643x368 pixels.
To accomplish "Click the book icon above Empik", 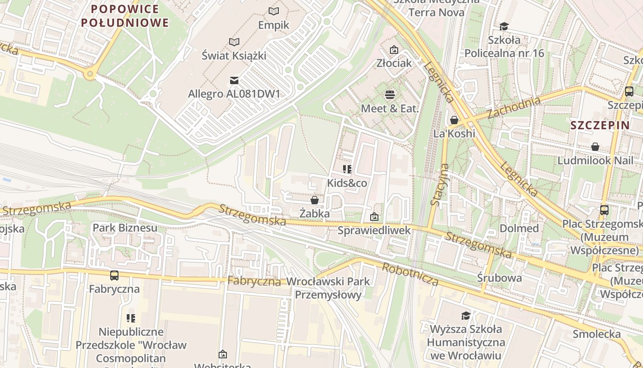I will point(274,11).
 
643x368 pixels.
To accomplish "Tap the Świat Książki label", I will point(234,56).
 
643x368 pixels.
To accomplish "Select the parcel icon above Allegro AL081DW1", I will point(234,80).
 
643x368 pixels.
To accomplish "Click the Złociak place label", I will point(394,63).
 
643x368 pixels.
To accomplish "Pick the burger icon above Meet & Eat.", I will point(390,95).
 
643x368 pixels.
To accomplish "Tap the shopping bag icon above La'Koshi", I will point(454,120).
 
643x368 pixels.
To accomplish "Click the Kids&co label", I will point(347,183).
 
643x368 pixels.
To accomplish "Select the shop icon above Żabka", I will point(315,200).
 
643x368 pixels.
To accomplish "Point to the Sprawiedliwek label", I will point(374,230).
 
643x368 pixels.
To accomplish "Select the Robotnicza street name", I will point(410,275).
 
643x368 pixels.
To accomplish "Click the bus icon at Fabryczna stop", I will point(114,276).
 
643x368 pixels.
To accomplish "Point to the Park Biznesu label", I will point(125,228).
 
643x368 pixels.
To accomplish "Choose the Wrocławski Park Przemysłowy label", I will point(328,288).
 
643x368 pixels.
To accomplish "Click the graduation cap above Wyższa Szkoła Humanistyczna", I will point(466,316).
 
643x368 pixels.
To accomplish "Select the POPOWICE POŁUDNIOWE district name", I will point(124,16).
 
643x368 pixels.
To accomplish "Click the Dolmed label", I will point(519,228).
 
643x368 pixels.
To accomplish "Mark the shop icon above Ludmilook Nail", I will point(595,147).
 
